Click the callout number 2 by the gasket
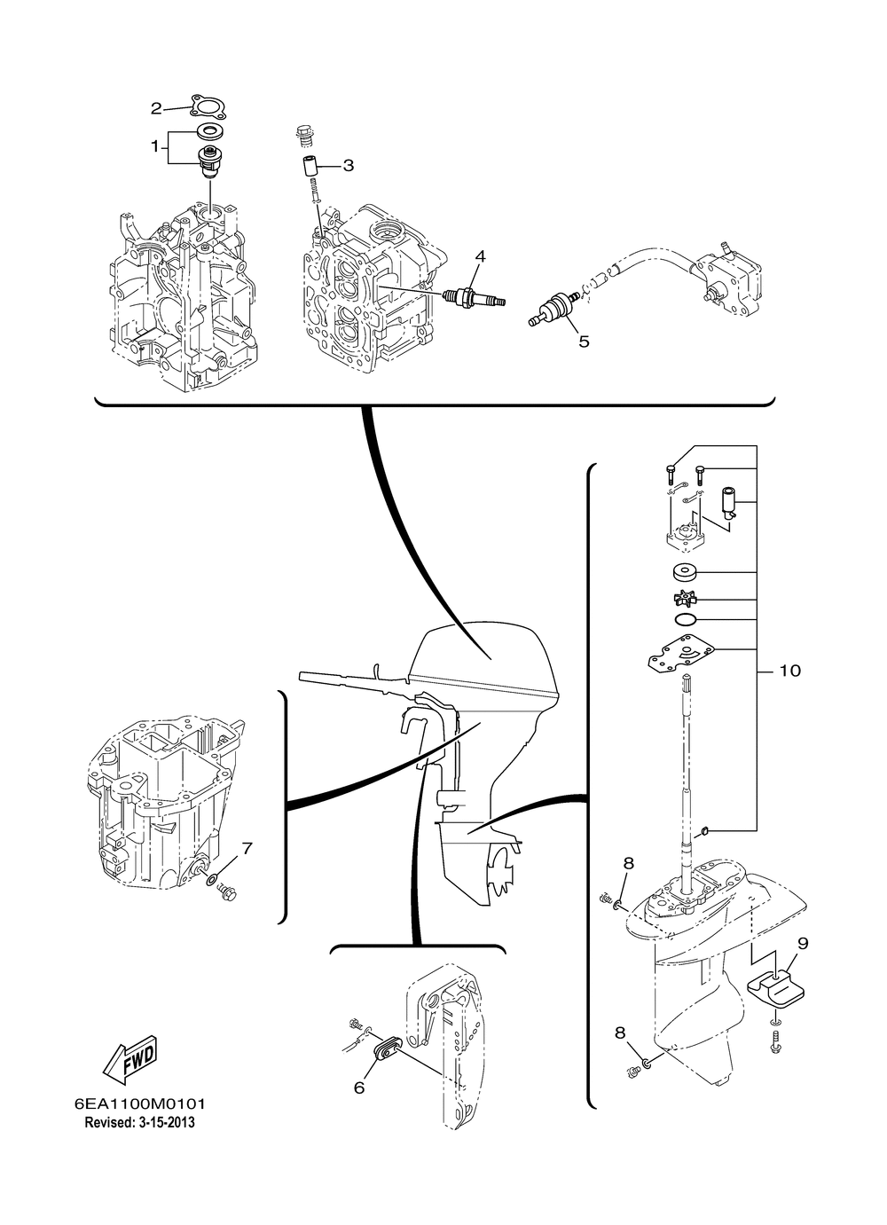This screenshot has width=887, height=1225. point(156,109)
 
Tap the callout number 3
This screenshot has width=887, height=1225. point(348,165)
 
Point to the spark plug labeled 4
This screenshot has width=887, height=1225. point(473,296)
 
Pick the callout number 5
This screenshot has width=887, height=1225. point(584,342)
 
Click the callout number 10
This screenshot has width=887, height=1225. point(789,670)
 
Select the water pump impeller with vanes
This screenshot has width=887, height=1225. point(686,599)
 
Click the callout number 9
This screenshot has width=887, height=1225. point(803,943)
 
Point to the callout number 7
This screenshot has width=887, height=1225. point(247,848)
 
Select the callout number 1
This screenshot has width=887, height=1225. point(154,146)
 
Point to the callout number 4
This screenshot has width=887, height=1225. point(480,256)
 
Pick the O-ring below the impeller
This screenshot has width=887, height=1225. point(686,620)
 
